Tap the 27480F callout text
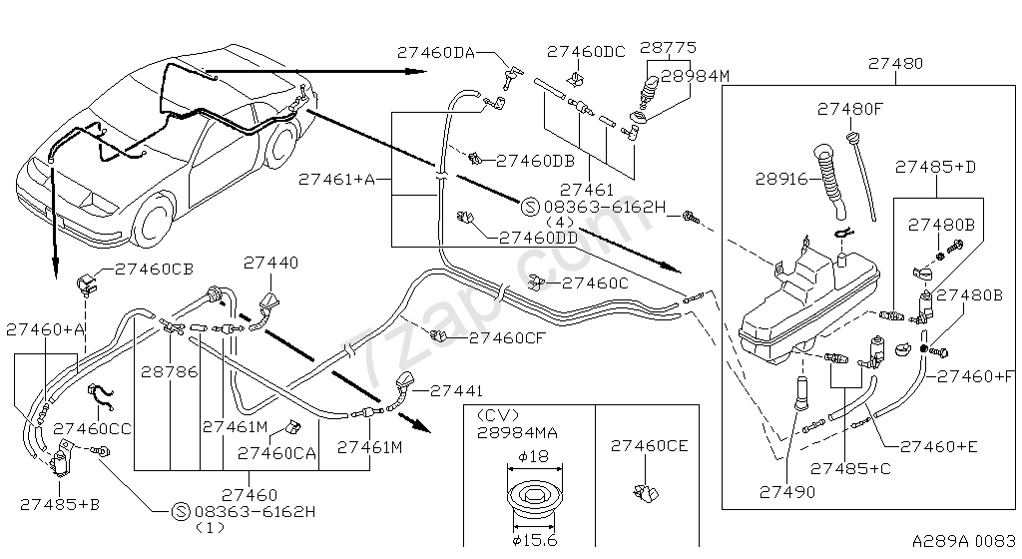tap(850, 109)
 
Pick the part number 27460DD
tap(539, 238)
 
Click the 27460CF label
tap(508, 338)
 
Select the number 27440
tap(270, 262)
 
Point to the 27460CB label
tap(154, 269)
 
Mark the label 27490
tap(785, 491)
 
